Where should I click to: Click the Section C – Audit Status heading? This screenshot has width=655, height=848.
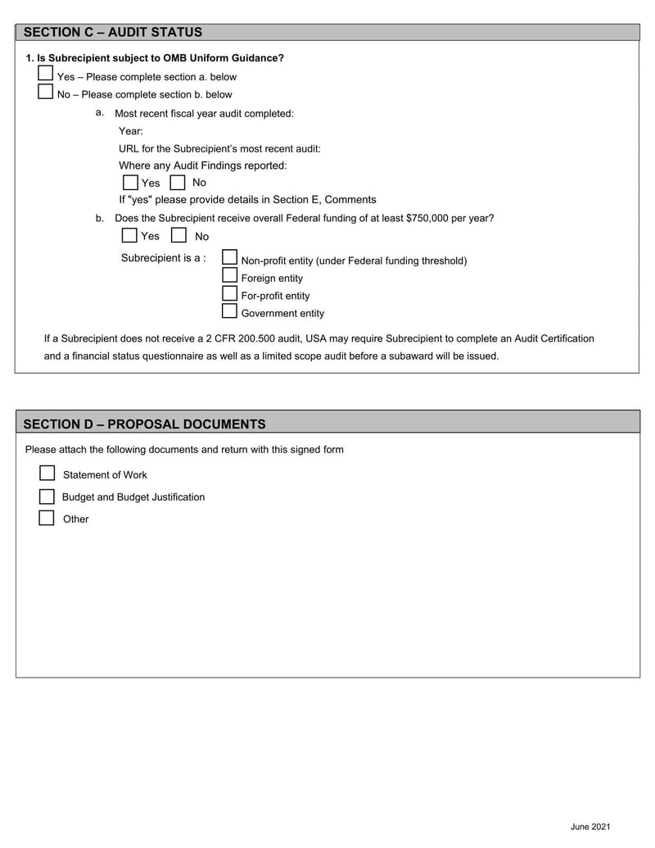[113, 33]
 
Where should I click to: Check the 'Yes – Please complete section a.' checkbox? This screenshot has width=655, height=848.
[46, 74]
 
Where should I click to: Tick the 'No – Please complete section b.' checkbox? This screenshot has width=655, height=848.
[46, 92]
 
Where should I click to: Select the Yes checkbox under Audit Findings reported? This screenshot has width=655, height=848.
[130, 182]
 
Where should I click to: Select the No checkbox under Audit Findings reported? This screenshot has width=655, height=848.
[178, 182]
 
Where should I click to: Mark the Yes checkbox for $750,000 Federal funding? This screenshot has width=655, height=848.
[129, 235]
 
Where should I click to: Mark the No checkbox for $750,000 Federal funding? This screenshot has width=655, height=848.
[178, 235]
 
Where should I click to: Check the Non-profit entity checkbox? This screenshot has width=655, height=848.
[230, 258]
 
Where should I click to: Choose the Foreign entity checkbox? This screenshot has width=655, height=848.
[230, 276]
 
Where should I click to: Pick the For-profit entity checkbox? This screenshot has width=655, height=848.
[230, 293]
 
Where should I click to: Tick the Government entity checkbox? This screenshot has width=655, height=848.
[230, 311]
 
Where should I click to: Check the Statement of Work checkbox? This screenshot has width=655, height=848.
[47, 474]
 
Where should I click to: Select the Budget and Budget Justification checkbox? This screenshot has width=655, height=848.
[47, 497]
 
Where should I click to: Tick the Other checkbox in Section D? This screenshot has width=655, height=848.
[47, 518]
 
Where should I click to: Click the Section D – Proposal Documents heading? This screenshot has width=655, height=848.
[144, 424]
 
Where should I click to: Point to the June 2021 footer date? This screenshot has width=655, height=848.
[590, 827]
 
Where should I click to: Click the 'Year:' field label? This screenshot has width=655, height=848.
[131, 131]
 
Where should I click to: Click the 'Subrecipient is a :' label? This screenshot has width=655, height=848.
[164, 258]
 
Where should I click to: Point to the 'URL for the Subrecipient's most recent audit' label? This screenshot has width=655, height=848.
[219, 148]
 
